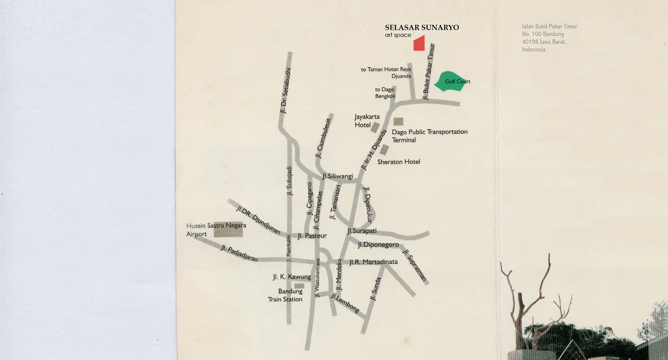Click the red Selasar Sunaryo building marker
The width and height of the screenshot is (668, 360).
[419, 43]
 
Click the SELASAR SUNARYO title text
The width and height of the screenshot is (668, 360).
[422, 28]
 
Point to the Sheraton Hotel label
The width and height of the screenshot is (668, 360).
[398, 162]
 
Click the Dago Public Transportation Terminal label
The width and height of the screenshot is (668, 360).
[429, 136]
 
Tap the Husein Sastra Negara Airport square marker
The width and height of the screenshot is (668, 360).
[228, 230]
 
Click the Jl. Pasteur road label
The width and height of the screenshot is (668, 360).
[312, 236]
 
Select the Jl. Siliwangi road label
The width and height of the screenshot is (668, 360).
[338, 176]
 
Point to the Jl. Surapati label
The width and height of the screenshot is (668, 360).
[361, 231]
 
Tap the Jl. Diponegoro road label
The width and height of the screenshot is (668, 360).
[378, 245]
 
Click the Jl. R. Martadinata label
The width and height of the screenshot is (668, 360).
[373, 262]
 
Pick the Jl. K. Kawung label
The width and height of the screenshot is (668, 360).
[291, 277]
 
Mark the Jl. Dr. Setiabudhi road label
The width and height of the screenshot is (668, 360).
[284, 92]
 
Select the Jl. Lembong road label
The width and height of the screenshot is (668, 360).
[345, 303]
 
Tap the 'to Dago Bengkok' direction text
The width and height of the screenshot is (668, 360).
[385, 93]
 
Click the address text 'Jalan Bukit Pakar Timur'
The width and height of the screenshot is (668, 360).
[549, 27]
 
